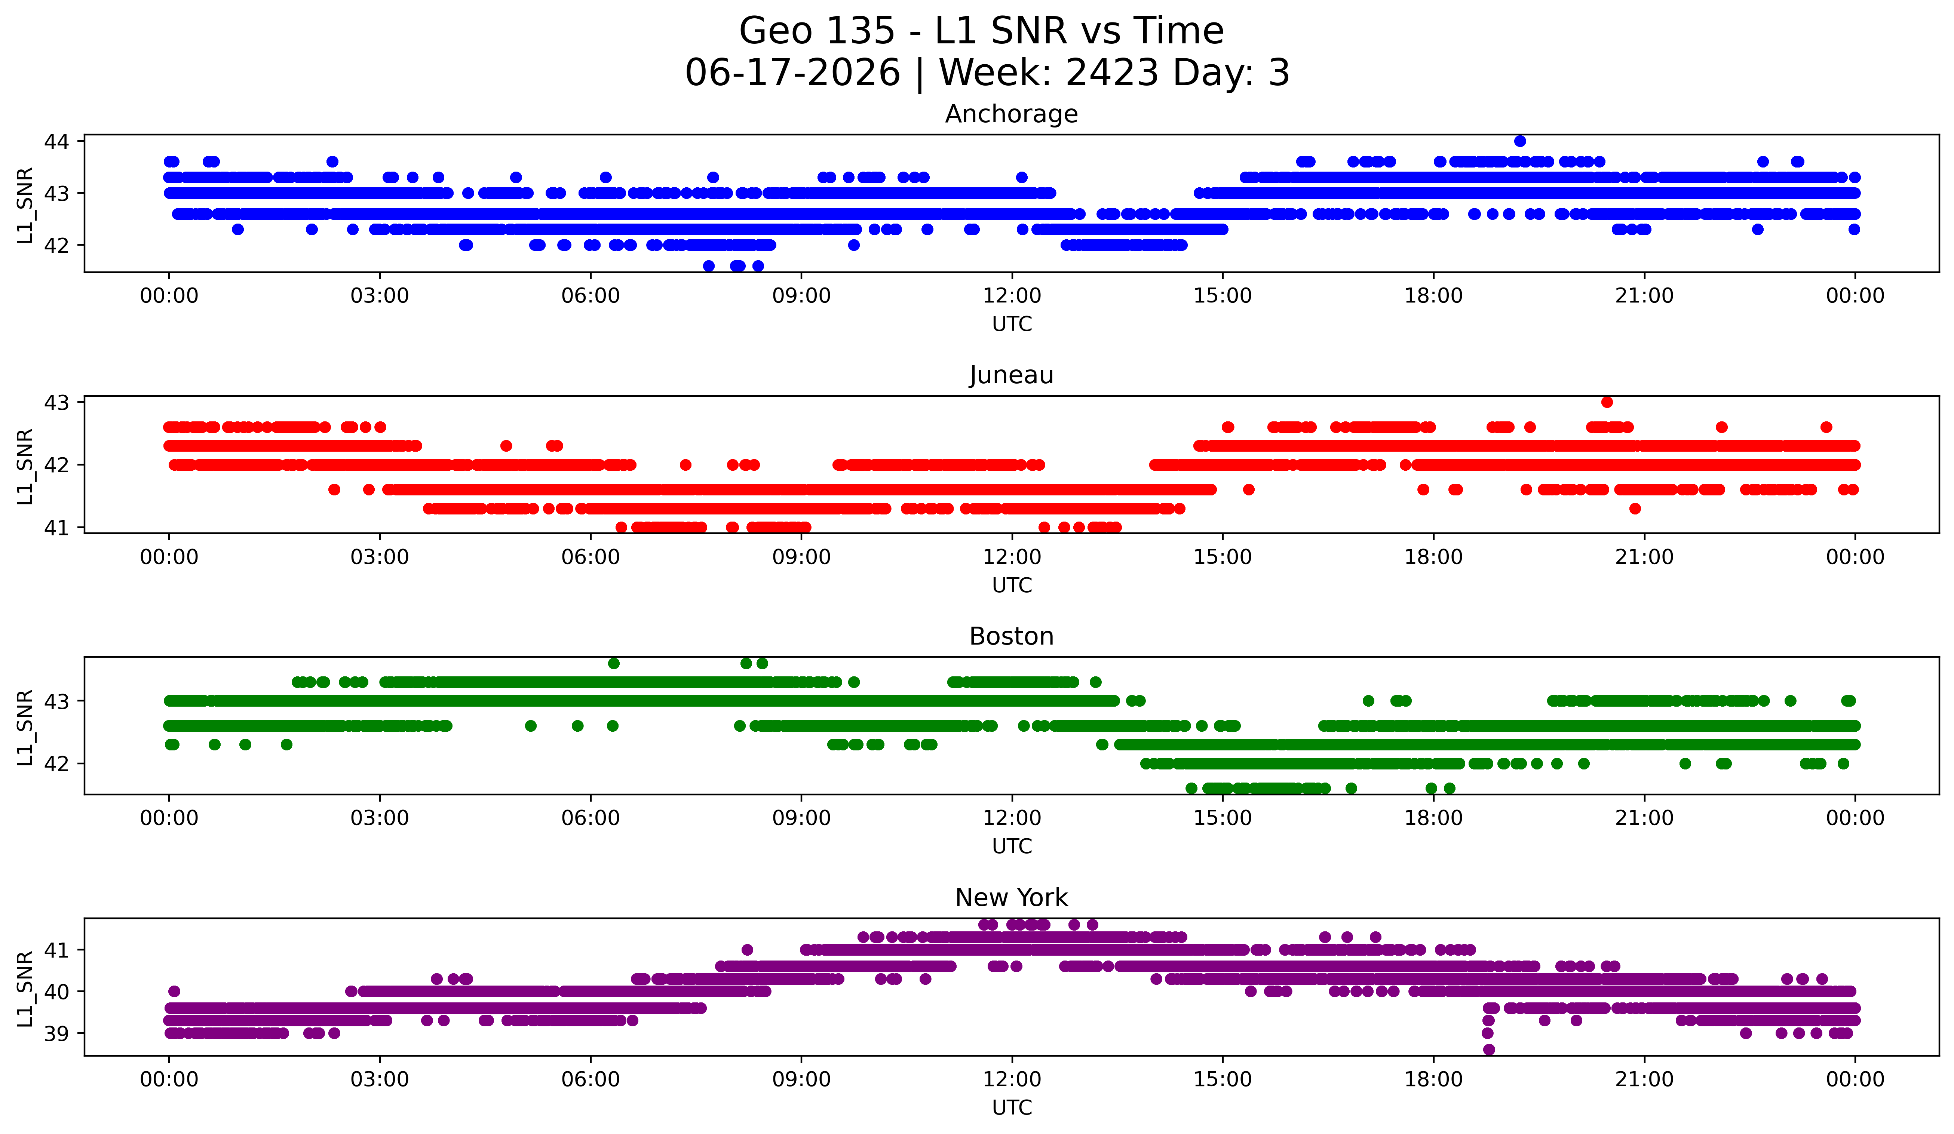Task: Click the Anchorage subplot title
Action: (1011, 114)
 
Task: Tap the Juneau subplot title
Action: (1011, 375)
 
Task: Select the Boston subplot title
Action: (1011, 636)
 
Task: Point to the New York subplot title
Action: (1011, 898)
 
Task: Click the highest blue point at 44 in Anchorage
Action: (1520, 141)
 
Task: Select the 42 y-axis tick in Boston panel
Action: (56, 763)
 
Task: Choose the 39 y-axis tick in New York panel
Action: (56, 1033)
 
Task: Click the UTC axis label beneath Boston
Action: (1012, 846)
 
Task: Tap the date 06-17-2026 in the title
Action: (792, 73)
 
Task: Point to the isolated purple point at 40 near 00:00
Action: (174, 992)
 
